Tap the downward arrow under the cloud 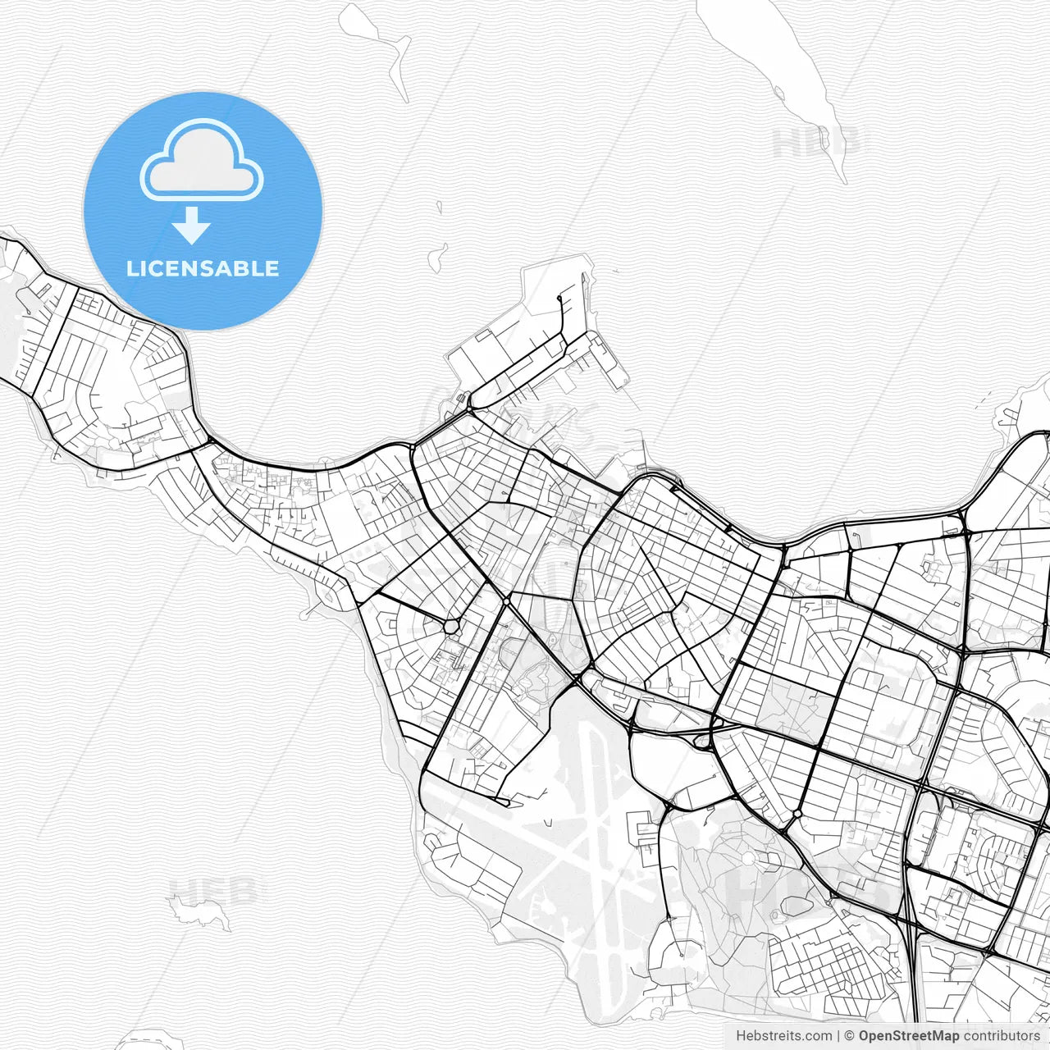coord(192,226)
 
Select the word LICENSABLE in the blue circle coord(203,268)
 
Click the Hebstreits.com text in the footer coord(783,1036)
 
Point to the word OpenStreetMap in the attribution coord(909,1036)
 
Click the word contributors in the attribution coord(1002,1036)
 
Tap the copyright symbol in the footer coord(850,1036)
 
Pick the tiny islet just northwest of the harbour coord(437,256)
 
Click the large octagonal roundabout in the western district coord(450,627)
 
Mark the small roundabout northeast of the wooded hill coord(797,814)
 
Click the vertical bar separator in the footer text coord(838,1036)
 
